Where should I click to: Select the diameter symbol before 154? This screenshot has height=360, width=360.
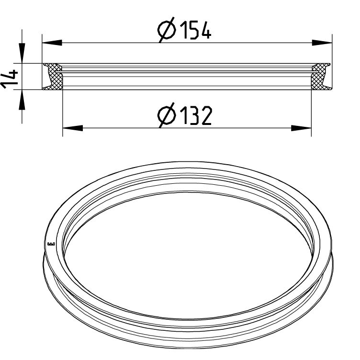pos(167,32)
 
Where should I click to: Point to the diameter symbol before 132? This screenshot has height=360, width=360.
pos(167,116)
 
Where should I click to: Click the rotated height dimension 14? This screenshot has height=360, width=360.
pos(10,78)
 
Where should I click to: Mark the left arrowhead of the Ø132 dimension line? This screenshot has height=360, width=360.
pos(72,128)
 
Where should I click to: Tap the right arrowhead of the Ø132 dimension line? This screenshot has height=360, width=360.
pos(302,128)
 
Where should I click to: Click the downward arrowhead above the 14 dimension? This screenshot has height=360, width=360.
pos(22,52)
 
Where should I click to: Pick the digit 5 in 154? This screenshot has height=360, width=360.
pos(194,31)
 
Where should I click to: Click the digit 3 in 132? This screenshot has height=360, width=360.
pos(194,116)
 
